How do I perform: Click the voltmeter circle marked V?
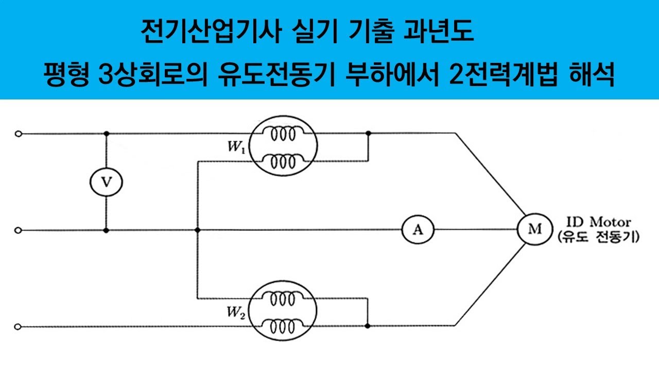point(106,182)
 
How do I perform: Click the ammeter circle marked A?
point(418,230)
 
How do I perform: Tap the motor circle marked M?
point(534,230)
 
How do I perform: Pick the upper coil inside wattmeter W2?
point(283,298)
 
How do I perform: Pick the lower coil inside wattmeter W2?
point(283,326)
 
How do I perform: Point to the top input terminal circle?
point(19,134)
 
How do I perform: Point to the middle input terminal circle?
point(19,230)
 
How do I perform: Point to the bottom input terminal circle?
point(19,326)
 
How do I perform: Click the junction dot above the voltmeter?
point(106,133)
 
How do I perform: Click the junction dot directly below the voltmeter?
point(106,230)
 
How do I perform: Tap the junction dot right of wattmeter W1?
point(368,133)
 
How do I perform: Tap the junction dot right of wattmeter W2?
point(368,326)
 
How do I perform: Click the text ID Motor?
point(598,223)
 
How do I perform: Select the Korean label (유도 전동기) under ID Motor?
point(598,238)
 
